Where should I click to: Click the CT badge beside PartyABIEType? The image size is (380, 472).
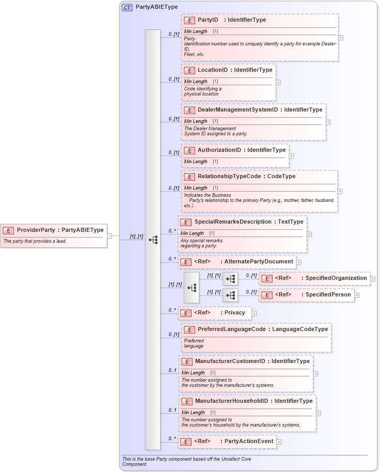[127, 7]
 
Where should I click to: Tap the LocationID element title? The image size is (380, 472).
[213, 70]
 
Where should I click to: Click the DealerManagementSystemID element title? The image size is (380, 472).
[238, 109]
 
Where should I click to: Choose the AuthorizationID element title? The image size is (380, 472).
[219, 150]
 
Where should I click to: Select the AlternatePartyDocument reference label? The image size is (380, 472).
[259, 262]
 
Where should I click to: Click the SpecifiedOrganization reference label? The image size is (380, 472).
[336, 278]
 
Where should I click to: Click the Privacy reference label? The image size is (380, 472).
[234, 313]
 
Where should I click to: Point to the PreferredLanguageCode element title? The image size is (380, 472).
[231, 329]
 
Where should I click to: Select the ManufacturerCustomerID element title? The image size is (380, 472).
[230, 361]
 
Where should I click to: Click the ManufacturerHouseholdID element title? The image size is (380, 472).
[231, 401]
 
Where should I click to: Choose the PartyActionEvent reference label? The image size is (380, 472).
[249, 442]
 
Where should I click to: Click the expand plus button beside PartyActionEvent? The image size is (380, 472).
[279, 442]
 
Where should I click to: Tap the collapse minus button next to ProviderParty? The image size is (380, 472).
[109, 236]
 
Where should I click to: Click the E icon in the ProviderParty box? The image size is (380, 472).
[8, 230]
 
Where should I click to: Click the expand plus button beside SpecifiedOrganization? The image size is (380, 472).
[373, 279]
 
